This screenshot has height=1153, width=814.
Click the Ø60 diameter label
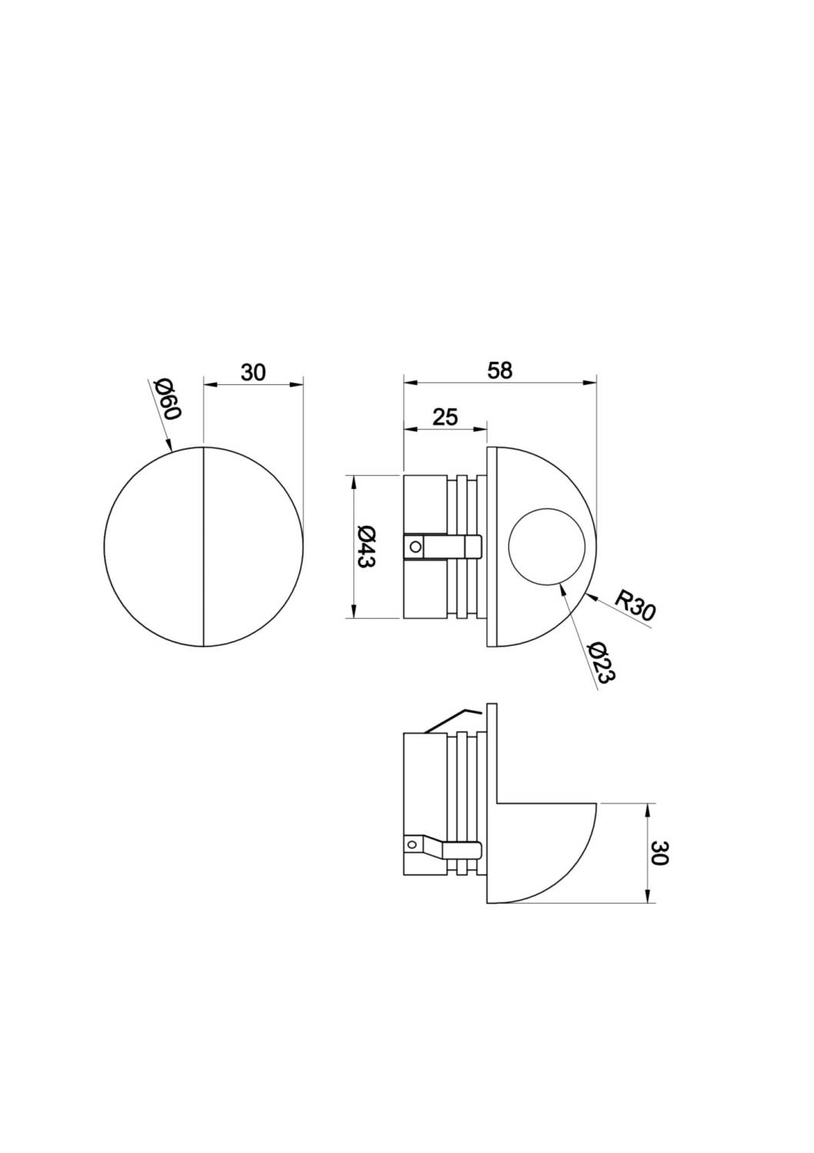tap(166, 399)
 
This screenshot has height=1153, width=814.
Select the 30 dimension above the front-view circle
tap(253, 373)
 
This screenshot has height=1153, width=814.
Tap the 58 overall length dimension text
tap(500, 370)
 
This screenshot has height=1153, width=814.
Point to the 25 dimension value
tap(445, 417)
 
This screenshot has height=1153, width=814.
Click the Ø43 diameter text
tap(366, 547)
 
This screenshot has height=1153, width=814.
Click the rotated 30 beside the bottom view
tap(660, 852)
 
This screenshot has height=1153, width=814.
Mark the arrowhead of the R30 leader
tap(588, 594)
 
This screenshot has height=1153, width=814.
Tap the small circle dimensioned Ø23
tap(547, 547)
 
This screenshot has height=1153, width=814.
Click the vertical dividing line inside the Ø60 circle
tap(203, 546)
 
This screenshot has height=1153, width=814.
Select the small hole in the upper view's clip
tap(415, 547)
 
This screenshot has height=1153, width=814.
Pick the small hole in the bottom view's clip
tap(413, 844)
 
